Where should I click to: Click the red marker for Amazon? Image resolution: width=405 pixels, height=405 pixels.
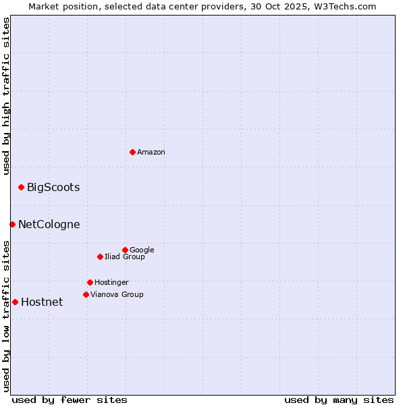[132, 152]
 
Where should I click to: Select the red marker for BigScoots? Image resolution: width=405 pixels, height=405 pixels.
[21, 187]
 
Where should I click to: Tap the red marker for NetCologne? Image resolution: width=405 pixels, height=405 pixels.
[12, 224]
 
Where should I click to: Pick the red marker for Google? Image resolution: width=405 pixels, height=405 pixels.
[125, 250]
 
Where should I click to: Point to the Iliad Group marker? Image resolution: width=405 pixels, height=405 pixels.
[100, 256]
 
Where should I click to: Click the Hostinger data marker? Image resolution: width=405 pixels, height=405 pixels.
[90, 282]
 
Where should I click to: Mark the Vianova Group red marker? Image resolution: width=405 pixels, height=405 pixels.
[86, 294]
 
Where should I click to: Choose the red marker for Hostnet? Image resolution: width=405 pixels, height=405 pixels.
[15, 302]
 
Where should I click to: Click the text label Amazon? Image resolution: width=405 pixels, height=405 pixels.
[151, 153]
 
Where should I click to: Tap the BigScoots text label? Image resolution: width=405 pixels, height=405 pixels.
[53, 188]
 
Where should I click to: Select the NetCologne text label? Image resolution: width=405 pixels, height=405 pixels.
[49, 225]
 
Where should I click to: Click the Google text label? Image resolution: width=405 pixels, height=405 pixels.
[142, 250]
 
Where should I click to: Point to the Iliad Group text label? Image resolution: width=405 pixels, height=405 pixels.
[125, 257]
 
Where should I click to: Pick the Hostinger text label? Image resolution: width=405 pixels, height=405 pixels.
[111, 283]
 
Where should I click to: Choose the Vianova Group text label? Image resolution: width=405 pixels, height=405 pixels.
[117, 295]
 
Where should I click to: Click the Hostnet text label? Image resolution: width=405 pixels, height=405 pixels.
[42, 302]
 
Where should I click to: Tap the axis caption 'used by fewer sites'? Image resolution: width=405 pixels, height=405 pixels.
[70, 400]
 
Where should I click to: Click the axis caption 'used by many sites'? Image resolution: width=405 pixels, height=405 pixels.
[339, 400]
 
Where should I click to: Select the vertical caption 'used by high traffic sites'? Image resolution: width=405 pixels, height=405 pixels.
[7, 96]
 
